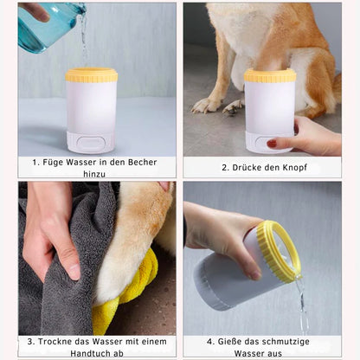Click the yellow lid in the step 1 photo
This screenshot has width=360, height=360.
tap(92, 75)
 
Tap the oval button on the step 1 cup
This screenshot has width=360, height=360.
tap(92, 144)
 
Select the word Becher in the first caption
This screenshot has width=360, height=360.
tap(142, 162)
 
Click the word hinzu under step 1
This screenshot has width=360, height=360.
tap(94, 174)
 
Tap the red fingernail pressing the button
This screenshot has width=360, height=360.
tap(272, 144)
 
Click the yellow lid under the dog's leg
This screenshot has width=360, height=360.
tap(270, 75)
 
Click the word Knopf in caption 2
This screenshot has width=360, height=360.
tap(294, 168)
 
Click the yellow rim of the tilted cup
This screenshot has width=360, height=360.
tap(279, 249)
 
